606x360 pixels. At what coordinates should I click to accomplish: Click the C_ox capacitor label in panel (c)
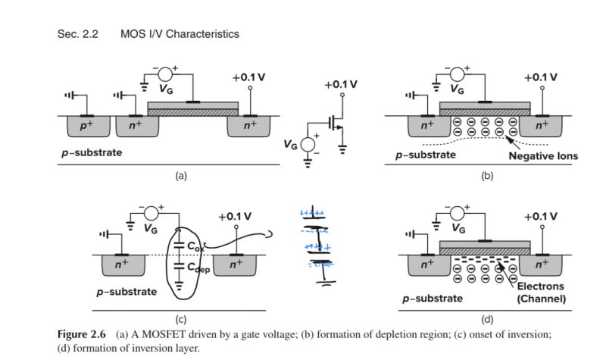[x=195, y=246]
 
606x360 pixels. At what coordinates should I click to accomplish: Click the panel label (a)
[x=180, y=175]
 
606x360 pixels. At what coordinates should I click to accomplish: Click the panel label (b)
[x=486, y=175]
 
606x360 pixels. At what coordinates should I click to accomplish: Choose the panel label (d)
[x=486, y=319]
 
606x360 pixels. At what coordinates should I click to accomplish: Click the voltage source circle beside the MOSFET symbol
[x=308, y=143]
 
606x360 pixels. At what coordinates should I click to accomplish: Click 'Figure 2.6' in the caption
[x=83, y=334]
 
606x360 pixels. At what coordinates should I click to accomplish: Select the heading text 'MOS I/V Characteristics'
[x=180, y=34]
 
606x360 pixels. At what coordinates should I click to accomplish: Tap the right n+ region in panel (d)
[x=542, y=265]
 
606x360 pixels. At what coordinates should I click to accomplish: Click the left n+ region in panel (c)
[x=121, y=265]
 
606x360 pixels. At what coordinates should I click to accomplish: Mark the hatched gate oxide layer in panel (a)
[x=192, y=112]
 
